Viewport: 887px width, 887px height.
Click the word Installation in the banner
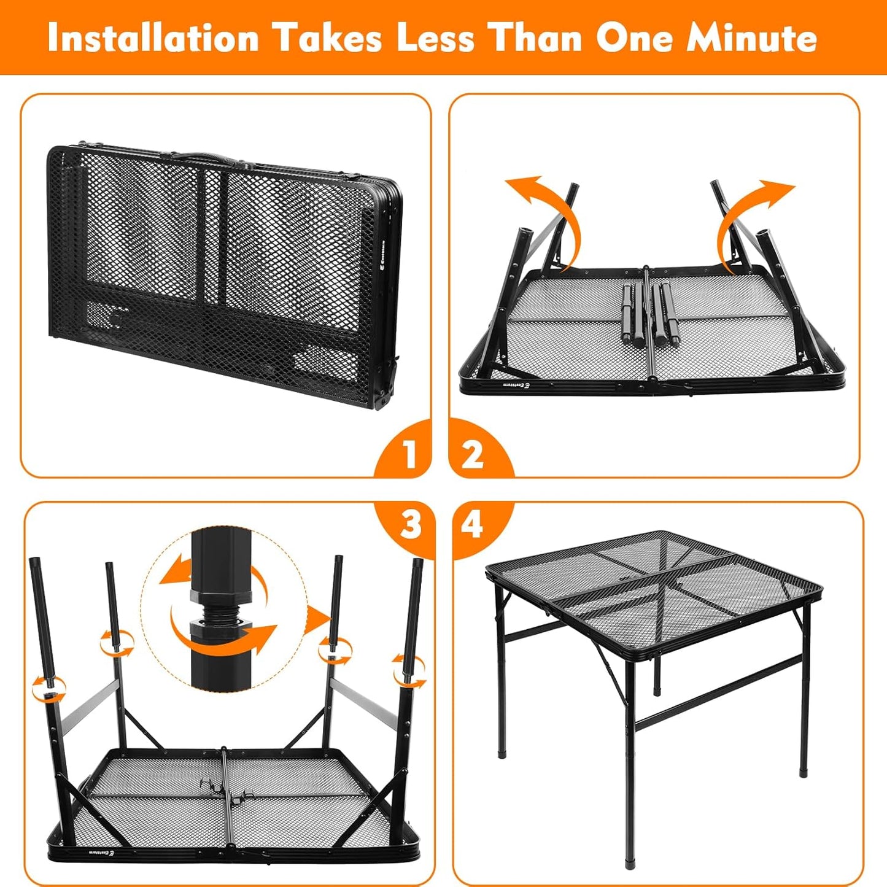(x=153, y=38)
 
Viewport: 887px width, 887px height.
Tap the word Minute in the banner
(x=751, y=38)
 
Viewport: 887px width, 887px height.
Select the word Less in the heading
(x=435, y=38)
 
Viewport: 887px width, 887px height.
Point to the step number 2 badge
(x=472, y=455)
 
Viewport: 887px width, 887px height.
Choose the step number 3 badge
(x=410, y=525)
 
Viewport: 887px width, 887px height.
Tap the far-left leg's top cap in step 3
(x=34, y=563)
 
